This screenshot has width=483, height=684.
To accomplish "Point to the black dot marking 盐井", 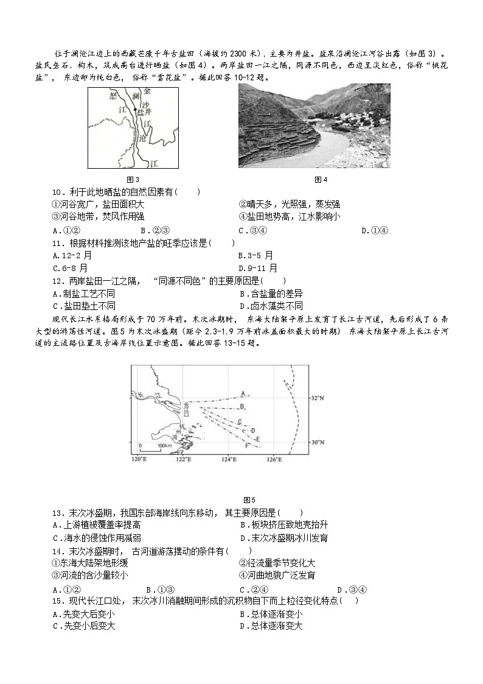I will pyautogui.click(x=135, y=109).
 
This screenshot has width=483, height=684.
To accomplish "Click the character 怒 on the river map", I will pyautogui.click(x=112, y=96).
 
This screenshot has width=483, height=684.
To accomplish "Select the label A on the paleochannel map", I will pyautogui.click(x=242, y=393).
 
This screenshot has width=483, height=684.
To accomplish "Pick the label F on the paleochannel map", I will pyautogui.click(x=247, y=446).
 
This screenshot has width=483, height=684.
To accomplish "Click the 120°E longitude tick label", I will pyautogui.click(x=140, y=459).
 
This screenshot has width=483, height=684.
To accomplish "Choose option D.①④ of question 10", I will pyautogui.click(x=374, y=230).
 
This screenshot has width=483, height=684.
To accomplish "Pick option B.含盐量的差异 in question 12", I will pyautogui.click(x=271, y=294).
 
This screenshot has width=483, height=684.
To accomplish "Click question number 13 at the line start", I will pyautogui.click(x=58, y=513).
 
